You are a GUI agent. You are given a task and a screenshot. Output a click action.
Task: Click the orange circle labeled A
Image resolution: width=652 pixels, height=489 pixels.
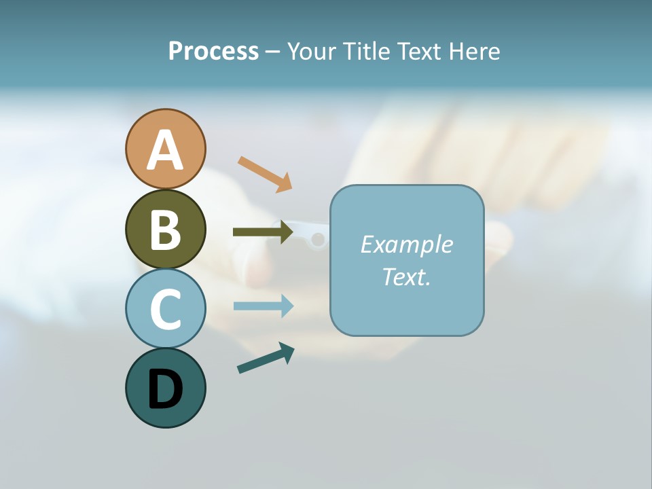(x=165, y=149)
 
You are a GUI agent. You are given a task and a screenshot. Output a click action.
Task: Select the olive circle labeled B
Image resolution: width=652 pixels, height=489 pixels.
(x=165, y=229)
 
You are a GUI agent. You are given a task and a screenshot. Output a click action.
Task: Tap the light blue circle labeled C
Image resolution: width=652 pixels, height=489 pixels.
(x=165, y=308)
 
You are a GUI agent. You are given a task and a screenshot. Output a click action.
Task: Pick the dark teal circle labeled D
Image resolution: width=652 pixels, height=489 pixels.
(x=165, y=388)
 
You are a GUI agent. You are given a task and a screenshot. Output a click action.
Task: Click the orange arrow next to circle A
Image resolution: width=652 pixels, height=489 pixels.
(x=265, y=173)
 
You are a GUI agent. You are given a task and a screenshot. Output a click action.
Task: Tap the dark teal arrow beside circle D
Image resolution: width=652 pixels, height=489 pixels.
(x=266, y=358)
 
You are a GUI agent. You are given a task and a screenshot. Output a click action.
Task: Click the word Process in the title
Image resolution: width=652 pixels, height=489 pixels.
(x=213, y=52)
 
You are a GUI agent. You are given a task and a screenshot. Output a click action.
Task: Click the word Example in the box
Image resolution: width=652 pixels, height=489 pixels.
(x=406, y=244)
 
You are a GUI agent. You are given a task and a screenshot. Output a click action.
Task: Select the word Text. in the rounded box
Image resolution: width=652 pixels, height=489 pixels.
(x=406, y=276)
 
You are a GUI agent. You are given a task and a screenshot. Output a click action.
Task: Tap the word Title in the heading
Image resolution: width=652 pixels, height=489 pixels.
(x=365, y=52)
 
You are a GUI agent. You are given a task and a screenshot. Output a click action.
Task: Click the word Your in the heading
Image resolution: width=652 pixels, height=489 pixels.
(x=311, y=52)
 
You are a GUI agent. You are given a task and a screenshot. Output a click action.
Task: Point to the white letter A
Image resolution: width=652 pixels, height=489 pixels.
(x=165, y=150)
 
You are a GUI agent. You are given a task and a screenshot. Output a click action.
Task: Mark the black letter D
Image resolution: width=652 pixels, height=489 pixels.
(x=165, y=389)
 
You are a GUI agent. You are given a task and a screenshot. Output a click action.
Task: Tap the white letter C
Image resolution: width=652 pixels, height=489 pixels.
(x=165, y=309)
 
